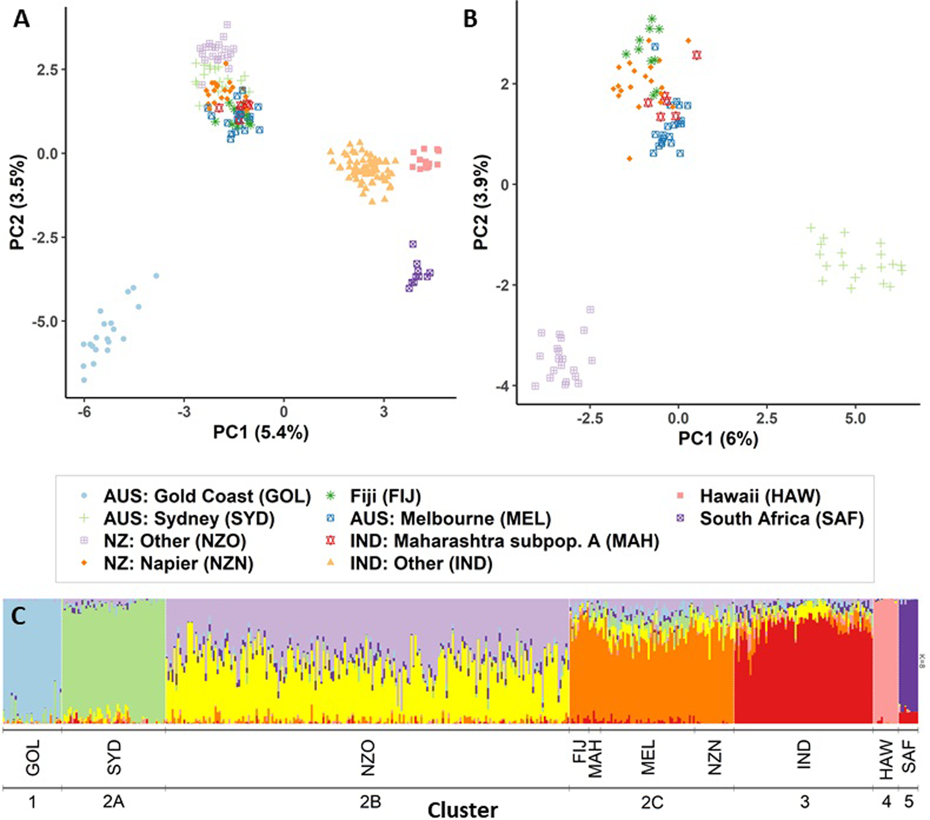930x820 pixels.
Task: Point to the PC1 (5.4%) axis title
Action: coord(260,432)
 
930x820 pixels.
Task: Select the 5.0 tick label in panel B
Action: coord(855,419)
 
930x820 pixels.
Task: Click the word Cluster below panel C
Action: coord(462,810)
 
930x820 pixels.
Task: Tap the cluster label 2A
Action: coord(113,801)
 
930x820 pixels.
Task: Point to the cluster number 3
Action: coord(804,801)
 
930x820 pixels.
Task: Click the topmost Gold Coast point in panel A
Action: coord(156,275)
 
